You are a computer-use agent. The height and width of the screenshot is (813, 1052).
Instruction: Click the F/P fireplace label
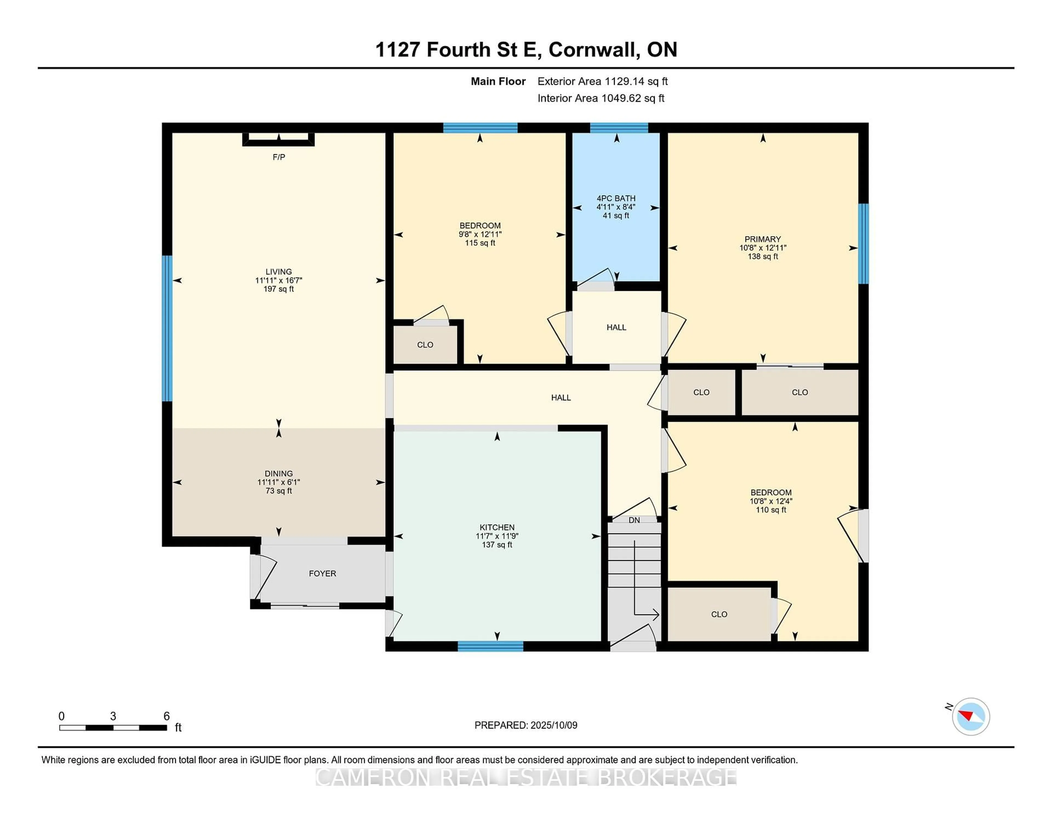point(278,157)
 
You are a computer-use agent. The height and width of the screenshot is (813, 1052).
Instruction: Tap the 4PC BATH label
point(616,198)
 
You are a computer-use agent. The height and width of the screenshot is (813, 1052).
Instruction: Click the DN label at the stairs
point(634,520)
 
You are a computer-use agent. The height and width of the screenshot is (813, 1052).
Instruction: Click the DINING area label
point(278,473)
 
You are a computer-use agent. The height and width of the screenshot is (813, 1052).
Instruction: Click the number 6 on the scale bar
point(167,716)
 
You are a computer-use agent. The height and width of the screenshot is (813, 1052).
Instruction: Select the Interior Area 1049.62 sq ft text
point(601,98)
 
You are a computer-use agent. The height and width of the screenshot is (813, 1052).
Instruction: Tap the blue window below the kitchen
point(490,646)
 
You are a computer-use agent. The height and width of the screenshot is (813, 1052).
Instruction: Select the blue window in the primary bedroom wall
point(864,244)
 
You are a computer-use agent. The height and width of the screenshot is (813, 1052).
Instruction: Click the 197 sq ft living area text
point(278,289)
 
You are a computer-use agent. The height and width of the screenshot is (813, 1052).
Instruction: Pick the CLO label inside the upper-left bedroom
point(425,345)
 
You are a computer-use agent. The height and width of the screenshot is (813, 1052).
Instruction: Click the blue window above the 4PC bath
point(619,128)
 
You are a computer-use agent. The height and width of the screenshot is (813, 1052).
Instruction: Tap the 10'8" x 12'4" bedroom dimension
point(771,501)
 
